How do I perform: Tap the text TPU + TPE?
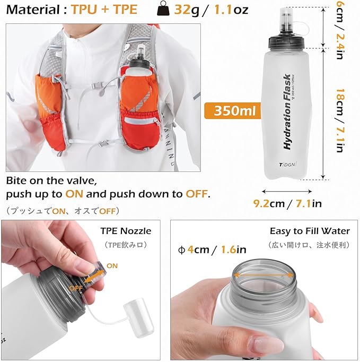pyautogui.click(x=104, y=10)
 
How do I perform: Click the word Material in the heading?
pyautogui.click(x=32, y=10)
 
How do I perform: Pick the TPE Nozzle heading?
pyautogui.click(x=126, y=231)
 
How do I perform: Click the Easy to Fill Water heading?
pyautogui.click(x=310, y=231)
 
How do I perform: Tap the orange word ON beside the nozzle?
pyautogui.click(x=112, y=265)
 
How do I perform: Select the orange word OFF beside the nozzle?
pyautogui.click(x=75, y=287)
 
